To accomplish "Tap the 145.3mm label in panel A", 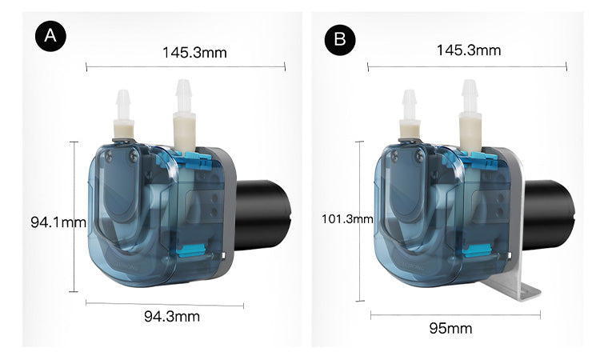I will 194,53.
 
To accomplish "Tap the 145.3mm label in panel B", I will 468,50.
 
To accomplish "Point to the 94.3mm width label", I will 171,316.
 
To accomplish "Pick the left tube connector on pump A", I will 124,116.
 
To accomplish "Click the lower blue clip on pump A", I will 186,253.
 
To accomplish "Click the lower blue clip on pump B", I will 471,253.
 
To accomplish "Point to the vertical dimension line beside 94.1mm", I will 74,216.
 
